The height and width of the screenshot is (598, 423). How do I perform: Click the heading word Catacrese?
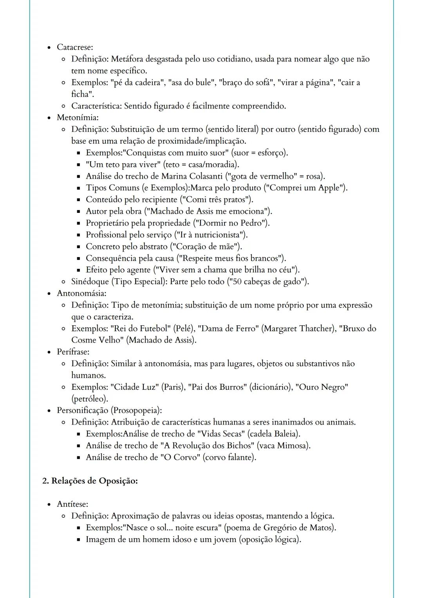74,47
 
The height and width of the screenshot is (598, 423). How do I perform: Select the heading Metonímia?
77,117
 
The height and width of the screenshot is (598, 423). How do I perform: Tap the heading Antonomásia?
81,293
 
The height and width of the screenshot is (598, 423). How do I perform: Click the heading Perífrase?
73,351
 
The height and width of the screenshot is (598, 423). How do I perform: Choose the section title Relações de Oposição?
94,481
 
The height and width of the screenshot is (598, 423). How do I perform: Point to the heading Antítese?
72,504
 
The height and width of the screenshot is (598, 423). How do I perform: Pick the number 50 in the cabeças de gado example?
238,282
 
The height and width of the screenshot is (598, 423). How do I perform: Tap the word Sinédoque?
90,282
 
